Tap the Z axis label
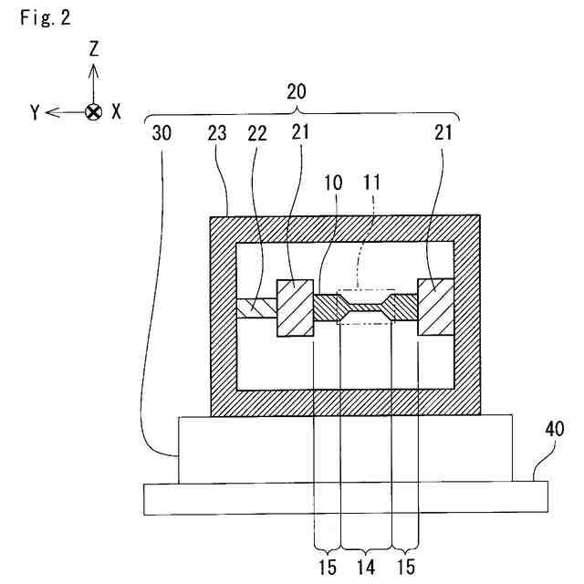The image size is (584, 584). [x=93, y=50]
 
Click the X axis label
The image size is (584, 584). [x=116, y=112]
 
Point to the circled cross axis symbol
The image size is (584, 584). [x=92, y=112]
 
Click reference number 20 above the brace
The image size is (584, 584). [x=297, y=92]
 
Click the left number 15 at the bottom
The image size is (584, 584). [x=326, y=566]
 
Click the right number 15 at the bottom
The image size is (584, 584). [x=405, y=566]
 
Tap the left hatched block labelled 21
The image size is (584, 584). [x=296, y=308]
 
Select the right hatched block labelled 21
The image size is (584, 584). [x=436, y=307]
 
